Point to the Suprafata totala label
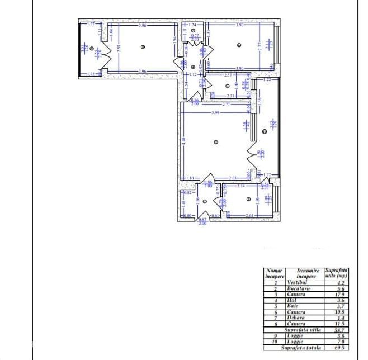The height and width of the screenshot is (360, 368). (x=301, y=347)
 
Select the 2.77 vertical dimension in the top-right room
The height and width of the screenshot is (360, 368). (x=260, y=48)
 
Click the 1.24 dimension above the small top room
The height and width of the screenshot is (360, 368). (x=192, y=25)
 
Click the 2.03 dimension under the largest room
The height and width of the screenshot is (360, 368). (x=233, y=178)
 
